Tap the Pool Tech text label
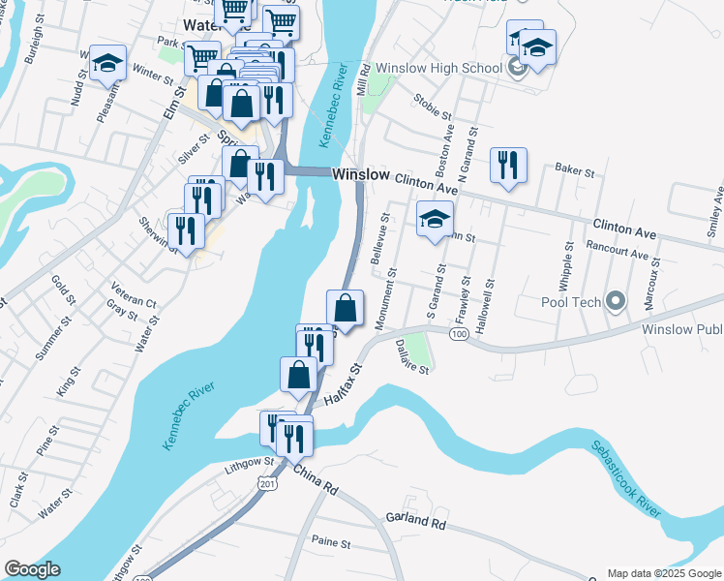tap(571, 302)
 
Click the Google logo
tap(31, 569)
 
